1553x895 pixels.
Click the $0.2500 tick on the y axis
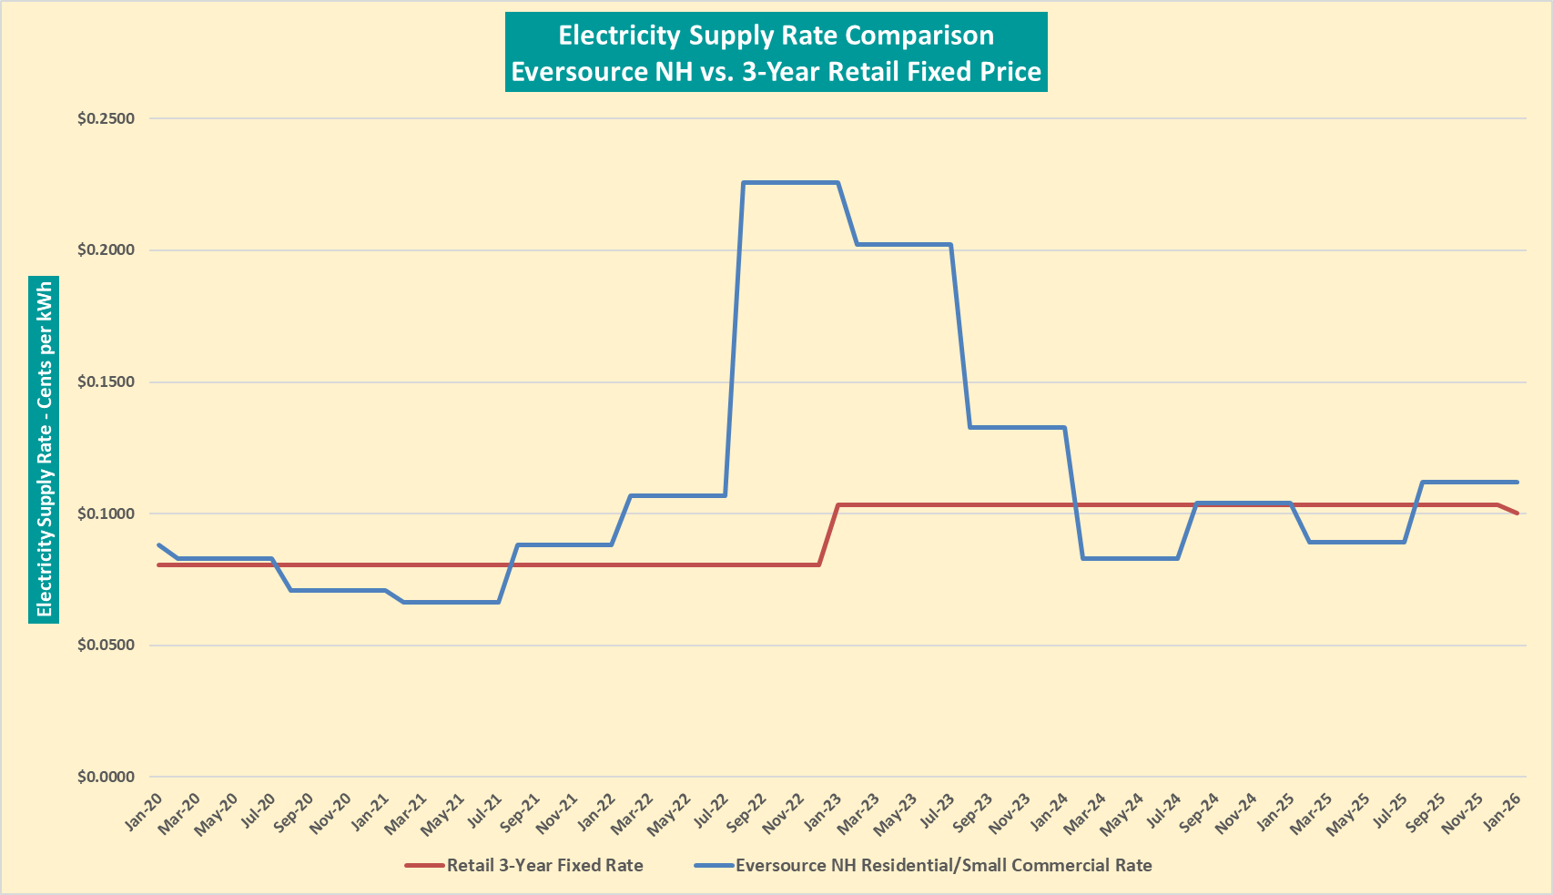point(106,118)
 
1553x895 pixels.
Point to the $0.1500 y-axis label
point(106,381)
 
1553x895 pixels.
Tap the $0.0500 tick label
point(106,645)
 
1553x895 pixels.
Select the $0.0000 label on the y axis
point(106,777)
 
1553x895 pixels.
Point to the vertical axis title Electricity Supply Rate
point(44,450)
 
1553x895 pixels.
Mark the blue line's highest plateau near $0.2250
point(790,183)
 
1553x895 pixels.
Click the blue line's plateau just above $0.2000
point(904,244)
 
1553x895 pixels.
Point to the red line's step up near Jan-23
point(829,534)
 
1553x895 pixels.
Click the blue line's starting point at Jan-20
point(159,544)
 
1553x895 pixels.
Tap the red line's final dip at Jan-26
point(1517,514)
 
